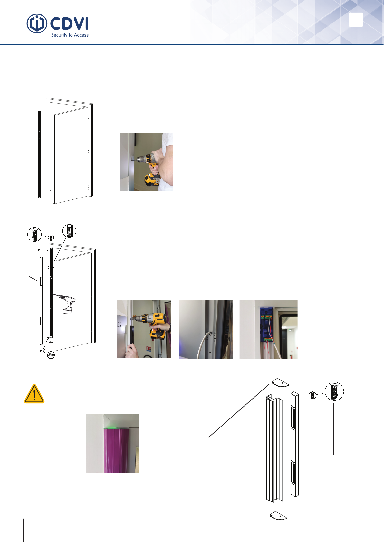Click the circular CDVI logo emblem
[37, 23]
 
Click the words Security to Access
[70, 35]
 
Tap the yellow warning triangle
[34, 394]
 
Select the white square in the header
[356, 20]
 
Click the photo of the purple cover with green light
[112, 443]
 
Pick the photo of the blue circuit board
[268, 329]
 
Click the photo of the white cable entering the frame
[206, 330]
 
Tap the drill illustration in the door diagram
[65, 303]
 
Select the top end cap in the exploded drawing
[280, 382]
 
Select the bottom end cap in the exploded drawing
[278, 516]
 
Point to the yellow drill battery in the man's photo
[152, 180]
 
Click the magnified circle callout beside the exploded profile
[334, 391]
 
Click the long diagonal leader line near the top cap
[239, 410]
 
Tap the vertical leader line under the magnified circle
[334, 429]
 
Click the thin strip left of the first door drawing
[40, 154]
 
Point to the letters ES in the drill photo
[119, 325]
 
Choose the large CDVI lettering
[69, 24]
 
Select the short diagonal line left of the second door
[33, 278]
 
